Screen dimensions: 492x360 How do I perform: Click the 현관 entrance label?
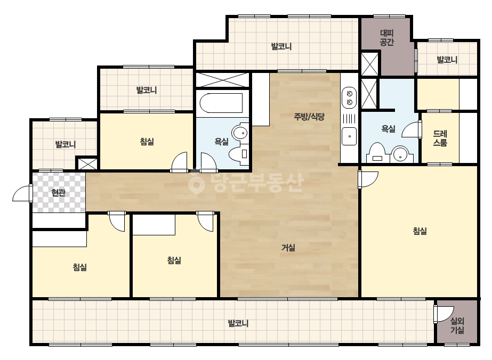pos(58,192)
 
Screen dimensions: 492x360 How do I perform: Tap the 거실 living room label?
pos(288,248)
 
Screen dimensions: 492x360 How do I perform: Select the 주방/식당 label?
pos(309,117)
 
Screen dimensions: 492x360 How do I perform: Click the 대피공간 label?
pos(386,37)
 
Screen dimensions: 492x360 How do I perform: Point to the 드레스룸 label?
pos(440,138)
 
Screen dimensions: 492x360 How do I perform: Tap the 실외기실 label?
pos(457,325)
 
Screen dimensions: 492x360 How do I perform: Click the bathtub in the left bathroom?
pos(221,103)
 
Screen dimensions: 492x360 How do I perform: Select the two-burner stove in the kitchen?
pos(349,98)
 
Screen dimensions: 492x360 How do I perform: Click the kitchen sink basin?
pos(349,136)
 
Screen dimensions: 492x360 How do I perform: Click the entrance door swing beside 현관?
pos(22,193)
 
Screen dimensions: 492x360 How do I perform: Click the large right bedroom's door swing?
pos(368,179)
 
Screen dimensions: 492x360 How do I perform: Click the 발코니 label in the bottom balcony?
pos(238,323)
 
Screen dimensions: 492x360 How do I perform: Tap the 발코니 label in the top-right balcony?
pos(447,60)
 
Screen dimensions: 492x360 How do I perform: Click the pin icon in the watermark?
pos(196,182)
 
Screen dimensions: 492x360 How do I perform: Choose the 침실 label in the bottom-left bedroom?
pos(80,267)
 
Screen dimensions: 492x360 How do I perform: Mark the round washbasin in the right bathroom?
pos(400,154)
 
